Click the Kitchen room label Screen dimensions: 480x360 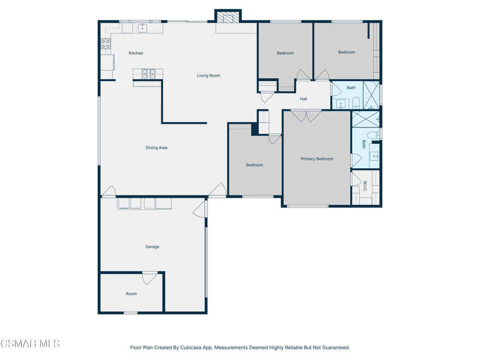[x=136, y=53]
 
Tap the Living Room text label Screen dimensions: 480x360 [x=209, y=75]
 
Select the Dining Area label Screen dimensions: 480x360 [x=157, y=148]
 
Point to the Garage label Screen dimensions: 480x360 [x=152, y=247]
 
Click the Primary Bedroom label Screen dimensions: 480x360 [x=317, y=159]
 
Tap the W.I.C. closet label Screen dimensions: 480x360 [x=365, y=186]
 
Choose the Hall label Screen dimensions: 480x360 [x=303, y=99]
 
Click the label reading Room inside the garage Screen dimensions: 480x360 [x=131, y=293]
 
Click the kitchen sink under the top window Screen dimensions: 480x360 [x=142, y=28]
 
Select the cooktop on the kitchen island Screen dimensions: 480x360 [x=149, y=73]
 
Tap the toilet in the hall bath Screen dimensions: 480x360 [x=356, y=103]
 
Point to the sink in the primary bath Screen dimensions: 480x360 [x=374, y=156]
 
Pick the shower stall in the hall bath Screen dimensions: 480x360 [x=371, y=95]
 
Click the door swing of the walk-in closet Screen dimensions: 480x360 [x=357, y=179]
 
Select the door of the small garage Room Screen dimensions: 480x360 [x=150, y=278]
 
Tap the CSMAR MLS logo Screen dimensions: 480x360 [x=30, y=344]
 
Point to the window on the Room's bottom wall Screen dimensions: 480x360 [x=131, y=313]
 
